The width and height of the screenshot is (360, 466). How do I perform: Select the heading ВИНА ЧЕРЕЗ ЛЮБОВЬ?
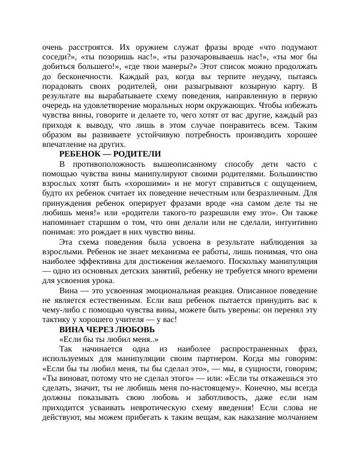(107, 330)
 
